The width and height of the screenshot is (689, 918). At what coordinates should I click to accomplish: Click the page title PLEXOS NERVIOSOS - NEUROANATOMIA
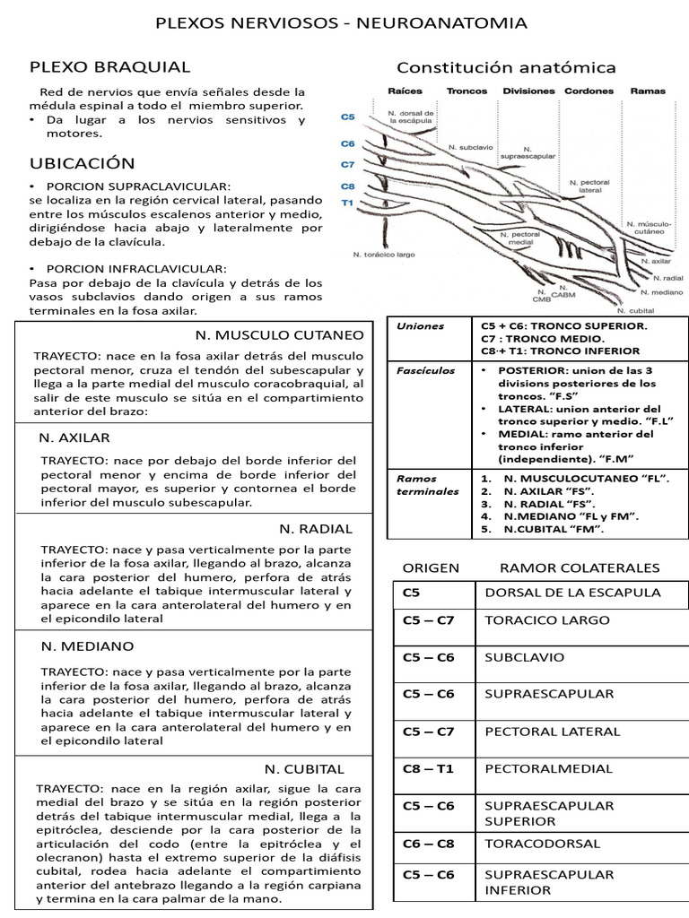click(x=343, y=22)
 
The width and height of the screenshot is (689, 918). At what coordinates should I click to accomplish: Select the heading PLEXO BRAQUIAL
click(x=109, y=67)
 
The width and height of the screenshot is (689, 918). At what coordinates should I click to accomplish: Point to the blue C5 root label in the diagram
click(x=348, y=117)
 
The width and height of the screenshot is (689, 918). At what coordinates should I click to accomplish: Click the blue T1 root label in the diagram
click(x=348, y=204)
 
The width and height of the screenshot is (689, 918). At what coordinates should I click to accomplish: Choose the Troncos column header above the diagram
click(x=467, y=91)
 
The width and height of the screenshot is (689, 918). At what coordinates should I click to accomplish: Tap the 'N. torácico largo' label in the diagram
click(x=384, y=255)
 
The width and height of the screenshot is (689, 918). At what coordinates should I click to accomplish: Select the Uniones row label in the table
click(x=420, y=326)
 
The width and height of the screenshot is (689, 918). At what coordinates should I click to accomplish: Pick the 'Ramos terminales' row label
click(x=415, y=484)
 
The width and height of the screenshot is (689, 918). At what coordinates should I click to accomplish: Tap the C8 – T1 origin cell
click(x=428, y=768)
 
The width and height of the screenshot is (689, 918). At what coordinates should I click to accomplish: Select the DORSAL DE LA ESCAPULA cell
click(x=572, y=593)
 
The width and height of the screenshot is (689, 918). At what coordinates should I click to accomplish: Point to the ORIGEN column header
click(x=431, y=567)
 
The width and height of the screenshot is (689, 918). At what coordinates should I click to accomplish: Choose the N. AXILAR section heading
click(x=75, y=437)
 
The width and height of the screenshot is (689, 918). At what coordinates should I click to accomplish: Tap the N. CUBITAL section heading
click(x=303, y=768)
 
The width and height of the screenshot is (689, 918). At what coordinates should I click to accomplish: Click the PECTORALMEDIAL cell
click(x=548, y=768)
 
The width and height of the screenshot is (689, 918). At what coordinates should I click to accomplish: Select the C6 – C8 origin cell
click(x=428, y=844)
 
